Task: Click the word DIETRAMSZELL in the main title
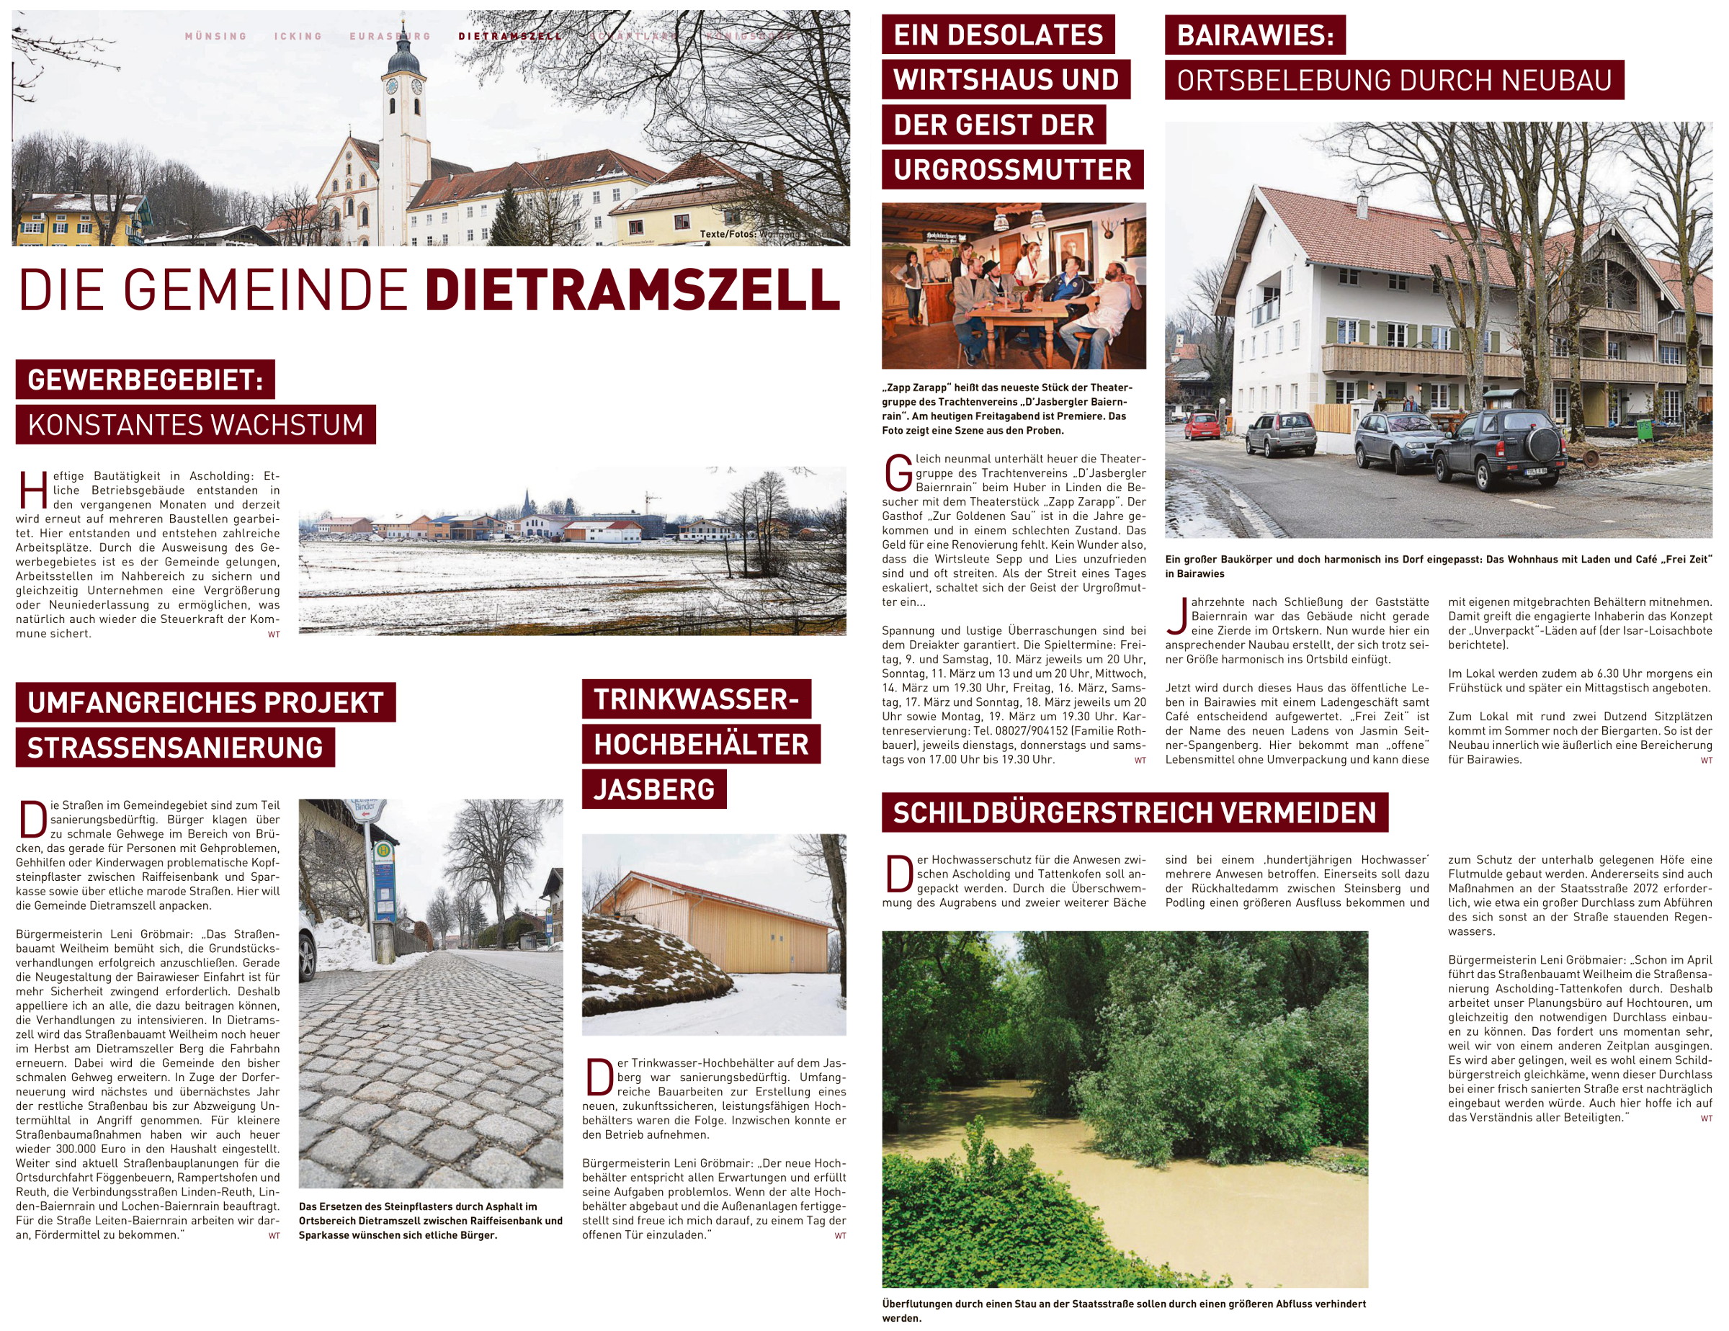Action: pyautogui.click(x=632, y=290)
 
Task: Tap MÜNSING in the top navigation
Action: pyautogui.click(x=215, y=37)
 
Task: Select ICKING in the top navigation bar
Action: pyautogui.click(x=298, y=37)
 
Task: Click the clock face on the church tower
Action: pyautogui.click(x=391, y=86)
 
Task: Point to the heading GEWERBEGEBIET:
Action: pyautogui.click(x=145, y=380)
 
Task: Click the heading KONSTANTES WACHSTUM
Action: pyautogui.click(x=195, y=425)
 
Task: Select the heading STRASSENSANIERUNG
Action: pyautogui.click(x=175, y=748)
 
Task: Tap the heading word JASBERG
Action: pyautogui.click(x=654, y=789)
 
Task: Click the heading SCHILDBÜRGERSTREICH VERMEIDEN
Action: pyautogui.click(x=1135, y=812)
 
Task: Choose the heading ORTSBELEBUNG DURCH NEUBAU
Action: pyautogui.click(x=1394, y=80)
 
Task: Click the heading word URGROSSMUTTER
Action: pyautogui.click(x=1012, y=169)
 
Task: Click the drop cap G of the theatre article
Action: pyautogui.click(x=898, y=473)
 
